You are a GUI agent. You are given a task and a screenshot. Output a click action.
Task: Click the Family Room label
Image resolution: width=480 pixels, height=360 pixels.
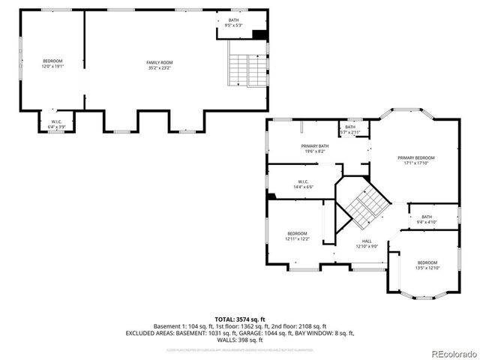tap(159, 62)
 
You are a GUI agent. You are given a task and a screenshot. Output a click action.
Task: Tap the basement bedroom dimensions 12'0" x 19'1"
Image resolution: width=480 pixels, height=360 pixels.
tap(52, 67)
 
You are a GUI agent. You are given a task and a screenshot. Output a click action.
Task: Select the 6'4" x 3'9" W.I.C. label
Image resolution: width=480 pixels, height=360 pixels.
tap(56, 122)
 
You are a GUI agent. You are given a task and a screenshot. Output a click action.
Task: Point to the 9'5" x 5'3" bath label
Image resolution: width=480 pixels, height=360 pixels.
tap(234, 22)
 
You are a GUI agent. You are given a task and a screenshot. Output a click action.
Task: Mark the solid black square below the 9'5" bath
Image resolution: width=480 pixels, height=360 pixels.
tap(260, 34)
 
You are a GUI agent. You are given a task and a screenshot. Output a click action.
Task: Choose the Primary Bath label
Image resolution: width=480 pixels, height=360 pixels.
tap(315, 146)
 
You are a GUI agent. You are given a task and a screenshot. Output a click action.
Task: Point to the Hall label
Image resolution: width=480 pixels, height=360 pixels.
tap(367, 241)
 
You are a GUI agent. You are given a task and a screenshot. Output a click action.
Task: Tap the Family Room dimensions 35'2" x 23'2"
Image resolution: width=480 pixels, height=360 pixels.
tap(159, 67)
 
